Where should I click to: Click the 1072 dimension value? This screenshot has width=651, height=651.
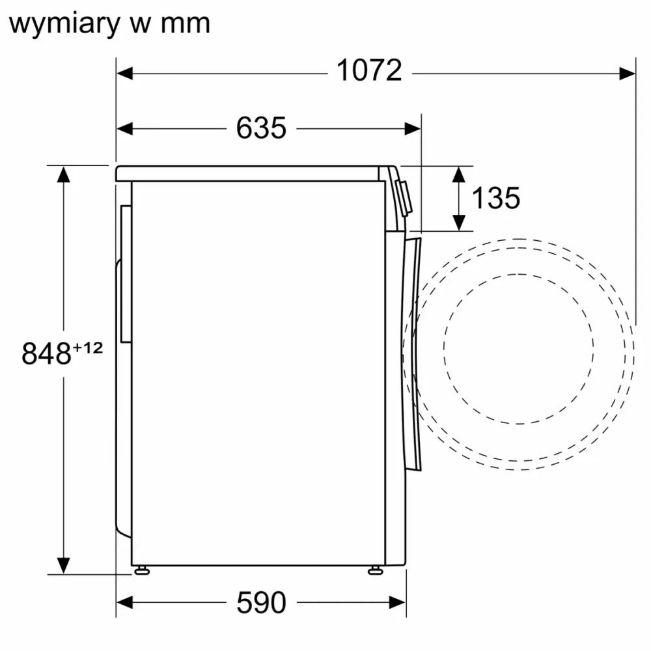[369, 71]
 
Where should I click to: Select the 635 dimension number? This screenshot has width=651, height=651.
[260, 128]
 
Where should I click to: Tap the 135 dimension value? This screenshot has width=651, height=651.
[495, 198]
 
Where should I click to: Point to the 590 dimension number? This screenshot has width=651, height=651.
[260, 603]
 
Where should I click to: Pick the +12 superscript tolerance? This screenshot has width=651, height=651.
[87, 348]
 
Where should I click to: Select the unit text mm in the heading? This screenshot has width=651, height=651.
[188, 25]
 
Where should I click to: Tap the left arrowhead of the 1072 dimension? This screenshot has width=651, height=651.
[124, 73]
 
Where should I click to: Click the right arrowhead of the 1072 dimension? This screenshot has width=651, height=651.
[627, 73]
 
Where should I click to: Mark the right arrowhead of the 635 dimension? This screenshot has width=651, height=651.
[413, 128]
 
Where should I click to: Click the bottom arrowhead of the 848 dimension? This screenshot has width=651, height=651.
[63, 566]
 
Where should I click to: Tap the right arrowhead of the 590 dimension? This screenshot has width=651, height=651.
[398, 603]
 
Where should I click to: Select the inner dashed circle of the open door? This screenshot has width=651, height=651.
[444, 345]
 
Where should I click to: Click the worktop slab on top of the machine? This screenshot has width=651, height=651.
[247, 174]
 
